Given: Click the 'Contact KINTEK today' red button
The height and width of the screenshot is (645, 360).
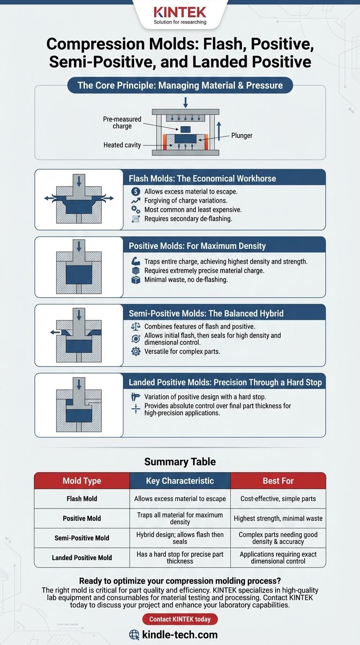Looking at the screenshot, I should (180, 619).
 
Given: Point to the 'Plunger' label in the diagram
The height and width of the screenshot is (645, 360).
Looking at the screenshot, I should (242, 135).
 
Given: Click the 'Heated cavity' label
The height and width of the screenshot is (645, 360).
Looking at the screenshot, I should (122, 145).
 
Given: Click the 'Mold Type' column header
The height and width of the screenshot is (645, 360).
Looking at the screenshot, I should (82, 481).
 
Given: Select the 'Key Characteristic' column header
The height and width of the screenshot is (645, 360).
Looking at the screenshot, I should (180, 481).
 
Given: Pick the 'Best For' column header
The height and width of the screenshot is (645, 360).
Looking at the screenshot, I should (278, 481).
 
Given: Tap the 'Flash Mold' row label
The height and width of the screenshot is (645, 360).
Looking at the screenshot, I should (82, 499).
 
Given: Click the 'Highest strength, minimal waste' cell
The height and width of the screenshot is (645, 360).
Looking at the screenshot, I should (278, 518).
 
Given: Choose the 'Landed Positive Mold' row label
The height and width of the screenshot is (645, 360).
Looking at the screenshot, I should (82, 557).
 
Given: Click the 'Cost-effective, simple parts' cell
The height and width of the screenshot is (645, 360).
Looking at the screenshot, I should (278, 499).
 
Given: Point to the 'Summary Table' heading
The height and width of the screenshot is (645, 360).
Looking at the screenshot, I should (180, 462).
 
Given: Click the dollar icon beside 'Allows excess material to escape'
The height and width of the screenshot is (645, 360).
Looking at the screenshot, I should (136, 192).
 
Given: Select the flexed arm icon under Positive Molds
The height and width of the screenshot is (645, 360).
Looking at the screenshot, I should (136, 261).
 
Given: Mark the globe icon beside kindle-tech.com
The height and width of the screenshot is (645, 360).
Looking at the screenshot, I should (135, 635).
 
